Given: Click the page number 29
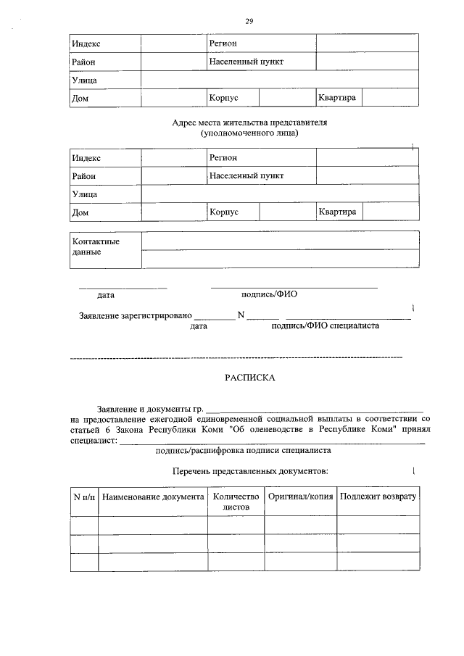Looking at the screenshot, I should pyautogui.click(x=249, y=20).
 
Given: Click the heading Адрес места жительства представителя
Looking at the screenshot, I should pyautogui.click(x=249, y=123).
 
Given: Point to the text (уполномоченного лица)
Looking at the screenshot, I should pyautogui.click(x=249, y=133).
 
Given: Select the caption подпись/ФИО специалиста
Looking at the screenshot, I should pyautogui.click(x=324, y=326).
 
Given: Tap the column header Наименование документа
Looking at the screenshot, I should pyautogui.click(x=153, y=497).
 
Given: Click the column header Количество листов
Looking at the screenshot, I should pyautogui.click(x=235, y=502).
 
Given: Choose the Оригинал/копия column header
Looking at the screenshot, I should pyautogui.click(x=300, y=497).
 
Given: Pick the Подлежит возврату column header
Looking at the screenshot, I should pyautogui.click(x=378, y=497).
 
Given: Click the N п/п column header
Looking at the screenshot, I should pyautogui.click(x=84, y=497).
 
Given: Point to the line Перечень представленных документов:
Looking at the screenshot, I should pyautogui.click(x=250, y=471).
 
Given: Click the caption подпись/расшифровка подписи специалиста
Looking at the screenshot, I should pyautogui.click(x=244, y=450).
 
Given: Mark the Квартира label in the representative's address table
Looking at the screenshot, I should pyautogui.click(x=336, y=212).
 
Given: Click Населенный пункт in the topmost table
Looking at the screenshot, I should pyautogui.click(x=246, y=62).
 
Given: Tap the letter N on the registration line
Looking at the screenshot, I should pyautogui.click(x=241, y=315).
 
